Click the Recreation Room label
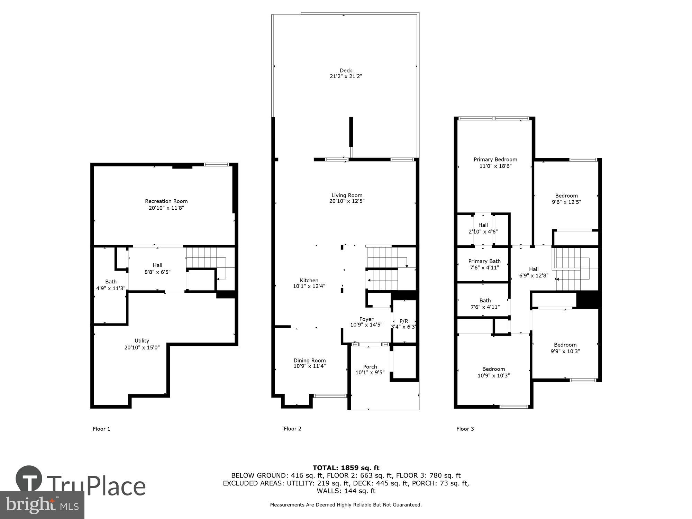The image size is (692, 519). [x=166, y=201]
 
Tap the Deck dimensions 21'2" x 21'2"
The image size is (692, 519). [x=346, y=76]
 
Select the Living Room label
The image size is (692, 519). [x=347, y=195]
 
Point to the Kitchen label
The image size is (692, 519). [x=309, y=280]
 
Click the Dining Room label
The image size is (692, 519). [x=310, y=361]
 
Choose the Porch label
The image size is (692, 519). [x=370, y=367]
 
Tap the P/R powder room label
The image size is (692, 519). [x=404, y=321]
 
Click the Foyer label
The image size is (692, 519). [x=366, y=319]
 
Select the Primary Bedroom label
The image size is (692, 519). [x=495, y=160]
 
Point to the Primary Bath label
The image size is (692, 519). [x=484, y=261]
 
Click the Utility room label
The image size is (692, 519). [x=142, y=340]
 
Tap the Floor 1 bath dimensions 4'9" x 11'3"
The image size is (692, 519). [x=111, y=288]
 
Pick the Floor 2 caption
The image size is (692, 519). [x=292, y=429]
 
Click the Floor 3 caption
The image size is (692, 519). [x=465, y=429]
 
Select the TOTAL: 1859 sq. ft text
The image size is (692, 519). [x=346, y=468]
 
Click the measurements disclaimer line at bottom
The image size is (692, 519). [x=346, y=505]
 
